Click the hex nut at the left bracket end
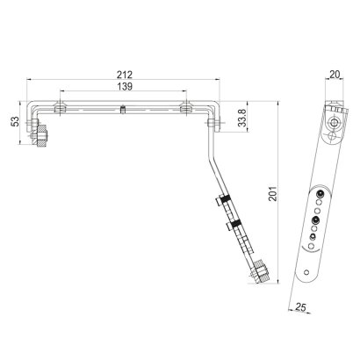click(x=41, y=137)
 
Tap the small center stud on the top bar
click(x=123, y=109)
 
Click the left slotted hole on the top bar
click(x=60, y=109)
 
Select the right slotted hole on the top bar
click(x=185, y=109)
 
